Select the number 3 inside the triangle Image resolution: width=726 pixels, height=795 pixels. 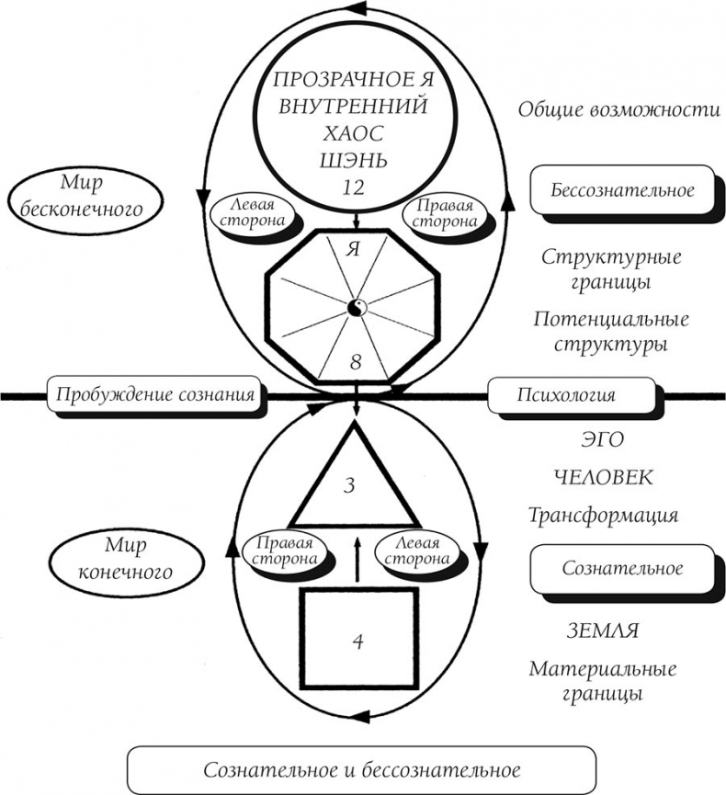(349, 484)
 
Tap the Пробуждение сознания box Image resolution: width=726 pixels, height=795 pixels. (154, 396)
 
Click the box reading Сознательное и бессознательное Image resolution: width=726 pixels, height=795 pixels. (361, 769)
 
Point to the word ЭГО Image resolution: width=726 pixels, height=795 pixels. (602, 440)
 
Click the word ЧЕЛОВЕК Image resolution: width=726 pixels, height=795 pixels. (603, 478)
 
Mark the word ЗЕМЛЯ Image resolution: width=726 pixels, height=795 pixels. (603, 631)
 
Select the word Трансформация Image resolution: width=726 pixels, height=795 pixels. (603, 515)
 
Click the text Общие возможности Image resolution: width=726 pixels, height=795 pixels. (618, 109)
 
